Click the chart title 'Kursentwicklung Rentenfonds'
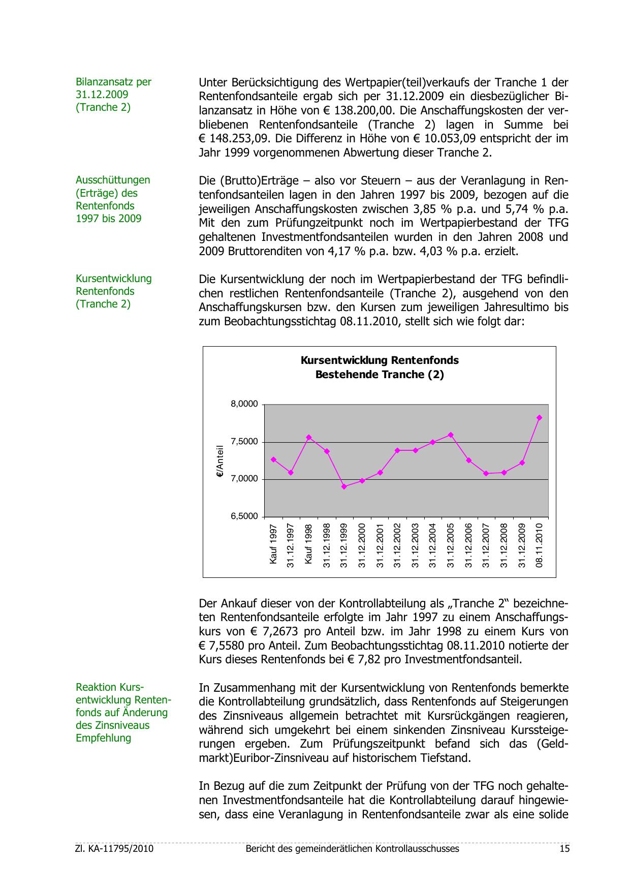(380, 360)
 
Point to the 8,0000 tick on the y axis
(244, 405)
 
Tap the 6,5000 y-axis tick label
(244, 516)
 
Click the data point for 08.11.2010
(539, 418)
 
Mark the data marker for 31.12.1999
(344, 486)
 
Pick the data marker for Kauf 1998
(308, 437)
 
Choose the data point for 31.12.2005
(451, 435)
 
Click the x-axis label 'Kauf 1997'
(273, 544)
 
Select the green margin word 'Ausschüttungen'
(113, 180)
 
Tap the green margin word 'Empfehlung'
(103, 737)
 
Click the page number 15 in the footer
(564, 849)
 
